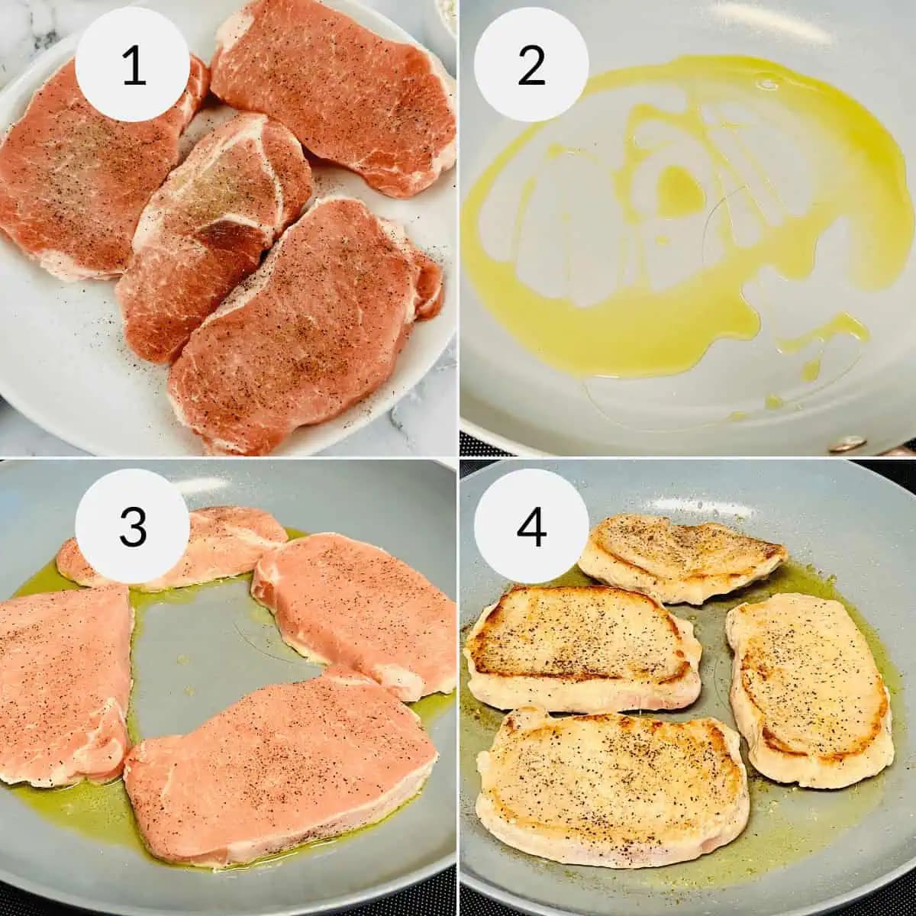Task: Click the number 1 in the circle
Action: coord(133,65)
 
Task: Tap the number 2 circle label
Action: coord(531,65)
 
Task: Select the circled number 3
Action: coord(133,526)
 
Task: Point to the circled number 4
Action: coord(531,526)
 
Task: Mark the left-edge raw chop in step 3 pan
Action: coord(61,679)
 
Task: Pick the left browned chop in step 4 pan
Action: coord(580,649)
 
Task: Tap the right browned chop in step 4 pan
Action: coord(809,687)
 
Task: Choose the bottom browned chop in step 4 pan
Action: coord(611,786)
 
